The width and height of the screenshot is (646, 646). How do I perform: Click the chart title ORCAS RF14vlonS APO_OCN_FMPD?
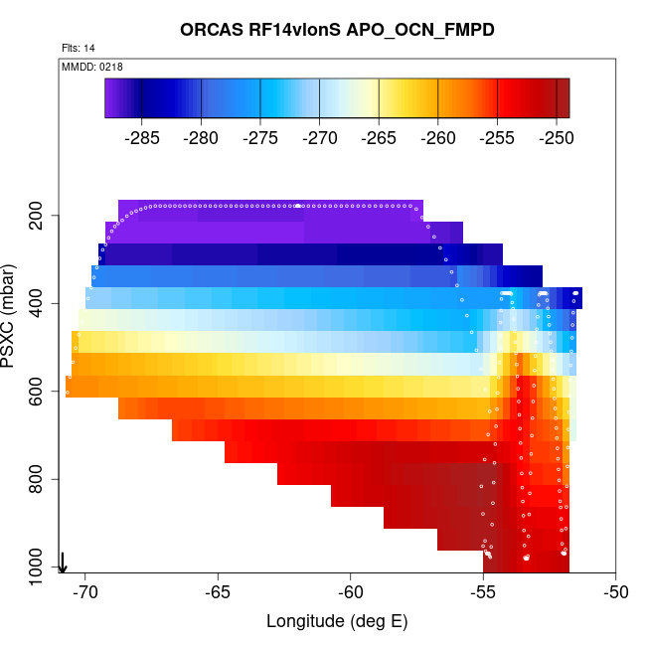(x=337, y=30)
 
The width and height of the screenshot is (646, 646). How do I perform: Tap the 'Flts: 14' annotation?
(x=78, y=48)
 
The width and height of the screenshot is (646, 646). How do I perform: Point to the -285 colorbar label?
(x=142, y=138)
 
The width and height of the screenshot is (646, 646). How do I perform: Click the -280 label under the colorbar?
(x=202, y=138)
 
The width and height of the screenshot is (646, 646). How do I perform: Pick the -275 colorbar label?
(x=260, y=138)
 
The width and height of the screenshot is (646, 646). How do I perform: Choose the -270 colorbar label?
(x=320, y=138)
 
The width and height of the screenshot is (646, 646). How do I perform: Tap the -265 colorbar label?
(x=379, y=138)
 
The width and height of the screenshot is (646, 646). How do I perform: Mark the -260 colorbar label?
(x=438, y=138)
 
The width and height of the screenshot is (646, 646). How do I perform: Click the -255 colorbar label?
(x=497, y=138)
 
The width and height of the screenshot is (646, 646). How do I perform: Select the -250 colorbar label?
(x=556, y=138)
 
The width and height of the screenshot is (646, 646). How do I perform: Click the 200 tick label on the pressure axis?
(x=43, y=216)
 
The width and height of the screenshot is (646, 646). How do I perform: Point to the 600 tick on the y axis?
(x=43, y=392)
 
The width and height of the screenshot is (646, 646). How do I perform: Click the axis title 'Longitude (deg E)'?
(x=337, y=622)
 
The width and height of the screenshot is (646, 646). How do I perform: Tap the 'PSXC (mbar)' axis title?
(x=12, y=316)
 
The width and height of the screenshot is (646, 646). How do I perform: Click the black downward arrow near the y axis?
(x=63, y=563)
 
